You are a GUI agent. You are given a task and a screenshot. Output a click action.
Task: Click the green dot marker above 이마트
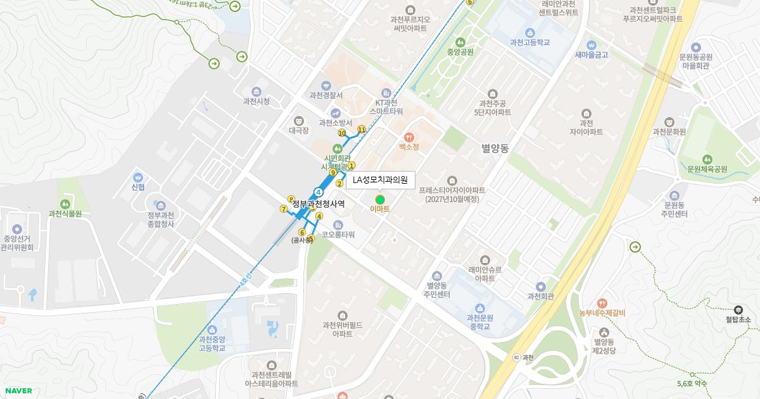pos(380,199)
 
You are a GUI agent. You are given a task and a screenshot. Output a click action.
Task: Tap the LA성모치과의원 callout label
pos(380,180)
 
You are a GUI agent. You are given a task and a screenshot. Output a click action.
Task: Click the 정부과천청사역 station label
pos(319,204)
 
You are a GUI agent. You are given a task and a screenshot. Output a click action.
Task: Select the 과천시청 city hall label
pos(256,101)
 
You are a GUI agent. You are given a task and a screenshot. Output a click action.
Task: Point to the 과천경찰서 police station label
pos(326,96)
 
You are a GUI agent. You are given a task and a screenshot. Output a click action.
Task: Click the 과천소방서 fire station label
pos(335,123)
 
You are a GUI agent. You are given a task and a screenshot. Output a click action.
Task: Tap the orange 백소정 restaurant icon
pos(409,136)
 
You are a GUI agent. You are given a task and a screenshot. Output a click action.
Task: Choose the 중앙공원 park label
pos(460,52)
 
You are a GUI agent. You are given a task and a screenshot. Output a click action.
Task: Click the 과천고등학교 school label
pos(529,42)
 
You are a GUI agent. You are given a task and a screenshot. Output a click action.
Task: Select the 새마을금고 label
pos(591,54)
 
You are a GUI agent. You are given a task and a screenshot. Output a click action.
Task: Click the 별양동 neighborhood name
pos(495,148)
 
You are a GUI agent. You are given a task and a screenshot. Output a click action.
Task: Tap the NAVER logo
pos(18,391)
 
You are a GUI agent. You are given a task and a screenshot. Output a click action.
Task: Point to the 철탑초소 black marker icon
pos(738,310)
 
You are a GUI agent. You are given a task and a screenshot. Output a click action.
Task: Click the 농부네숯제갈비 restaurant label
pos(602,312)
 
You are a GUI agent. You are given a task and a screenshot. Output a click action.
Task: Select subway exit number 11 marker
pos(362,129)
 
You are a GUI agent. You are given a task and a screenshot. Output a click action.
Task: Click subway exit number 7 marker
pos(284,208)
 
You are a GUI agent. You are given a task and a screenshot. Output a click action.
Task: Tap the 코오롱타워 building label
pos(338,234)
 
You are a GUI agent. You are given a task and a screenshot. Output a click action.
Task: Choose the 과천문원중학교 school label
pos(479,322)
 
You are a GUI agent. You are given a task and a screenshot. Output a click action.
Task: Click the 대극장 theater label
pos(298,130)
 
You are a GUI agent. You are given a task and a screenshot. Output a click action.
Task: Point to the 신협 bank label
pos(138,187)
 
